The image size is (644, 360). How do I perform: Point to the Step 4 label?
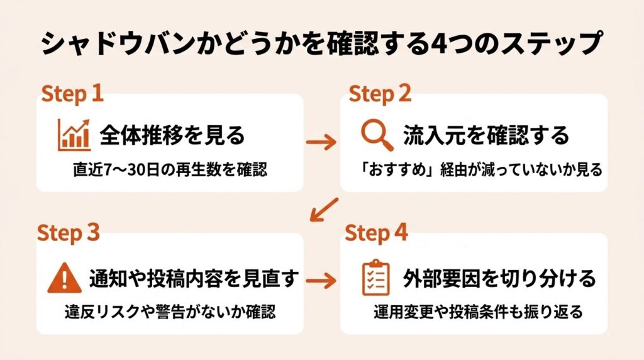(x=377, y=233)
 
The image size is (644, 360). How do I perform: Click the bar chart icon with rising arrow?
(x=74, y=135)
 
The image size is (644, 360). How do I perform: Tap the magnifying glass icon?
(x=377, y=135)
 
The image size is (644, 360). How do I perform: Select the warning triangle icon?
(x=63, y=278)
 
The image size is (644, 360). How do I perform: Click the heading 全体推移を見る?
(x=172, y=135)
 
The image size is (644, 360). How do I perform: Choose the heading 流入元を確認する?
(x=486, y=135)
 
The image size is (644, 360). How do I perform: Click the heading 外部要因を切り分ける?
(x=499, y=278)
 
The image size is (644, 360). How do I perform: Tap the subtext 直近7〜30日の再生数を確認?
(x=169, y=170)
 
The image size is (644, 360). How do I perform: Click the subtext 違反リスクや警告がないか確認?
(x=170, y=313)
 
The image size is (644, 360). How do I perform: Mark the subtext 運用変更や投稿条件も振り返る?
(x=478, y=313)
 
